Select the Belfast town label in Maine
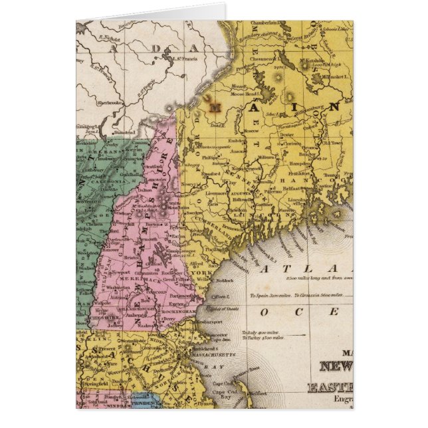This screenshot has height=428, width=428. (x=297, y=189)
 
